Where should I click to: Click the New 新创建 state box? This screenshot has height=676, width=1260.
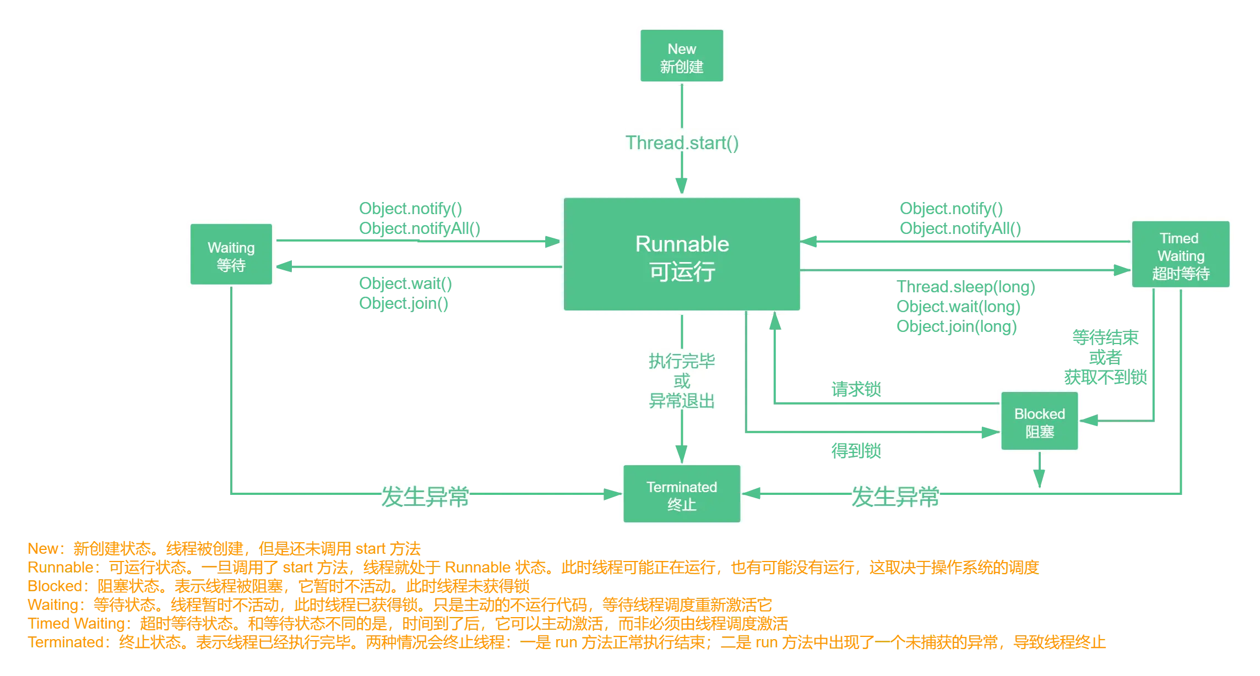[x=682, y=56]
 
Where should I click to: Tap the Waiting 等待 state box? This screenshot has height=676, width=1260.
[x=231, y=254]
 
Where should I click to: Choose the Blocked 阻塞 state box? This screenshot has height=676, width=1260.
[x=1039, y=422]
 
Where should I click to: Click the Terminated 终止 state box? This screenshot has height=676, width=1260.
[x=682, y=494]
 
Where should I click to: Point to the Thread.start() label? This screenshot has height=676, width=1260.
[x=682, y=143]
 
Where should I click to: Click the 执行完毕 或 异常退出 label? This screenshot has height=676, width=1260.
[x=682, y=380]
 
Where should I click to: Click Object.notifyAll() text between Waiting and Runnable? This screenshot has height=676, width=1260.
[x=419, y=228]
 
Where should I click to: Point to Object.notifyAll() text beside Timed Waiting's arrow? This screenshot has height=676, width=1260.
[x=960, y=228]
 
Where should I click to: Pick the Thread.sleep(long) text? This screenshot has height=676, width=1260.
[x=965, y=287]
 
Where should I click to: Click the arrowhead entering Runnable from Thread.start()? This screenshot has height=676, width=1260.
[x=682, y=184]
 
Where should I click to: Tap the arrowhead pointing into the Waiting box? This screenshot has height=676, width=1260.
[x=285, y=267]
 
